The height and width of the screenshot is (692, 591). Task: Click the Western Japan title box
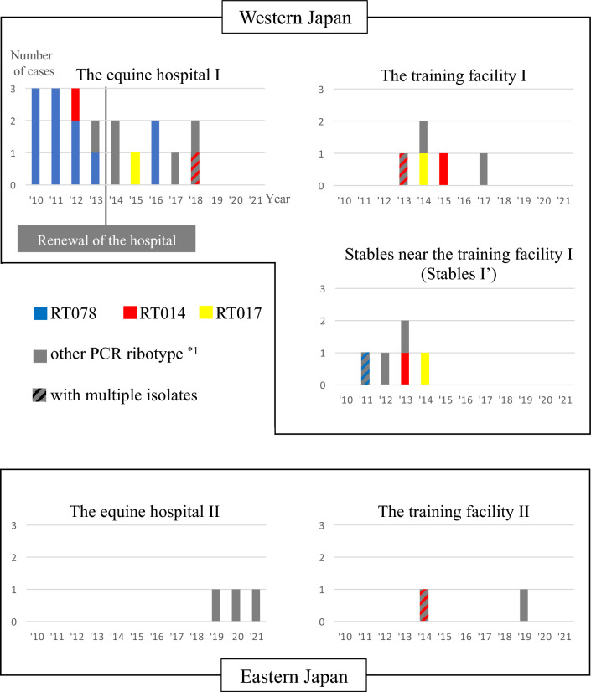295,16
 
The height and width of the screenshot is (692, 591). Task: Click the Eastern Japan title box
295,674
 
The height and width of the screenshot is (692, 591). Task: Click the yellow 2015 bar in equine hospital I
135,168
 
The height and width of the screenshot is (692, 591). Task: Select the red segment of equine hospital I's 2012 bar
75,104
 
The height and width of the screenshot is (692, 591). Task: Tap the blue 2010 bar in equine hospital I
35,136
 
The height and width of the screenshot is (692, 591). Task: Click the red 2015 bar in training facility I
443,168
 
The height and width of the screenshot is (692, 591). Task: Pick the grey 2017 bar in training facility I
484,168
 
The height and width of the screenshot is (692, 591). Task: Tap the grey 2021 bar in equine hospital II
256,606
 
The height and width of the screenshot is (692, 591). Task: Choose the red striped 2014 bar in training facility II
424,606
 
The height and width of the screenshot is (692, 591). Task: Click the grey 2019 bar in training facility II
524,606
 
